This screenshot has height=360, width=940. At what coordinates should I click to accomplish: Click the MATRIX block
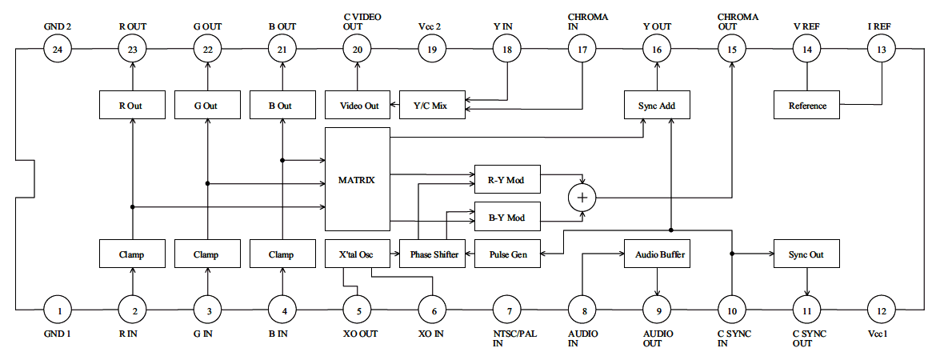[x=357, y=179]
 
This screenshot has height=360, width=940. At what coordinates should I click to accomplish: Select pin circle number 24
[x=58, y=50]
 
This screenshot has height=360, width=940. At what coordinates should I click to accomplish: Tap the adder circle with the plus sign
[x=582, y=197]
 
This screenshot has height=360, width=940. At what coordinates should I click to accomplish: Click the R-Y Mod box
[x=507, y=179]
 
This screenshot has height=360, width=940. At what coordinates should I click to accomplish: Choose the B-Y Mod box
[x=507, y=217]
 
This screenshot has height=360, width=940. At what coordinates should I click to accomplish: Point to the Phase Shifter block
[x=434, y=254]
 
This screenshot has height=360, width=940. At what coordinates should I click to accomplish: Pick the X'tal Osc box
[x=357, y=254]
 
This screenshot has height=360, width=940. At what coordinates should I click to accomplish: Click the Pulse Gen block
[x=507, y=254]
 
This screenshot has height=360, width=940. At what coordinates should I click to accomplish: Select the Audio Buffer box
[x=657, y=254]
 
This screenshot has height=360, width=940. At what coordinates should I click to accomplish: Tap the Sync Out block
[x=806, y=254]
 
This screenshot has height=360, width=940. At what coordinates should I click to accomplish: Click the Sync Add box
[x=657, y=105]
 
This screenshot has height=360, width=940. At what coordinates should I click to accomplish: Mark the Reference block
[x=806, y=105]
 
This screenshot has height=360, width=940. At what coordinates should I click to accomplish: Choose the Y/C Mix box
[x=432, y=105]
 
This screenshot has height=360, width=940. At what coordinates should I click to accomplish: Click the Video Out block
[x=357, y=105]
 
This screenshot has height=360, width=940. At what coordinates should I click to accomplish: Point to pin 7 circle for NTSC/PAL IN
[x=507, y=308]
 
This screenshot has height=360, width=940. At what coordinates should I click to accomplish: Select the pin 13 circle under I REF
[x=882, y=50]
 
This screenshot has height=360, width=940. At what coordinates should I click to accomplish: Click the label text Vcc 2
[x=432, y=26]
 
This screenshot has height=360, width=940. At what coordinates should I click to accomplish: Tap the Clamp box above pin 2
[x=132, y=254]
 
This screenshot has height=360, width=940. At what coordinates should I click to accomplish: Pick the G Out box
[x=207, y=105]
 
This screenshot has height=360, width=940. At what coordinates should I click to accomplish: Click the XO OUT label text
[x=357, y=334]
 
